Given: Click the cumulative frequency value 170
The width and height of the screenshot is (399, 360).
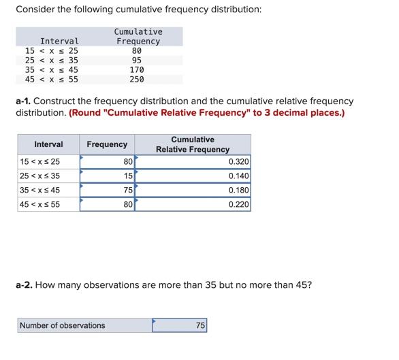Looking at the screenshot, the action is (137, 69).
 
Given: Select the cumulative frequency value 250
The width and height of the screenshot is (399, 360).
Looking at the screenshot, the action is (137, 79).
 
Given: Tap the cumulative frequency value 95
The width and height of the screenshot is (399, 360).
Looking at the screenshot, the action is (137, 60).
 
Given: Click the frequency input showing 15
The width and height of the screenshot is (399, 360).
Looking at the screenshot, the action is (107, 176).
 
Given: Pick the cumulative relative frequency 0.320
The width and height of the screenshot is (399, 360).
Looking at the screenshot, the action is (193, 161).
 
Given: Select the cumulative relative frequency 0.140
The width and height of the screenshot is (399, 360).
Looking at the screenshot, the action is (193, 176).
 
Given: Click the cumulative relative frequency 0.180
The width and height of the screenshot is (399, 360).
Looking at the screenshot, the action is (193, 190).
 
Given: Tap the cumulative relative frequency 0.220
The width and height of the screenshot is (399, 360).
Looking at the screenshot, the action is (193, 204).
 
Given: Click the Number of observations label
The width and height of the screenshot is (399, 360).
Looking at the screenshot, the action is (63, 325).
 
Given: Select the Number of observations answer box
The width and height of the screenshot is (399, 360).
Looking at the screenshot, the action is (179, 326).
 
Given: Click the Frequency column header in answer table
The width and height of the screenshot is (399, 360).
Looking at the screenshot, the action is (107, 144).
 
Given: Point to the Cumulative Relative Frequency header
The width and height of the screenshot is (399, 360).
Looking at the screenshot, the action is (193, 144).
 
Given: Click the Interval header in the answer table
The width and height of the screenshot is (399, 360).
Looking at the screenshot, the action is (48, 144).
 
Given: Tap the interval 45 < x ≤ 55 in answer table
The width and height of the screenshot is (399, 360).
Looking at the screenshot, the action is (40, 204).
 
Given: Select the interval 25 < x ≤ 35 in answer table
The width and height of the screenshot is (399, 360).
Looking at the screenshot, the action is (40, 176).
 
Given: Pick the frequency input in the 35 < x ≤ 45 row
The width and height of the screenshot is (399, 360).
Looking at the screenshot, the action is (107, 190).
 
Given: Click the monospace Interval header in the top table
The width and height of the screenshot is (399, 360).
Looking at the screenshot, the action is (59, 42).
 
